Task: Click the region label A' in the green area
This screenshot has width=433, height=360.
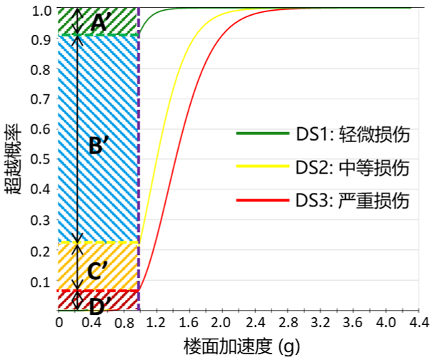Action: (99, 23)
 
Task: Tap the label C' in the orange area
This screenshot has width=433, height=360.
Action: (98, 271)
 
